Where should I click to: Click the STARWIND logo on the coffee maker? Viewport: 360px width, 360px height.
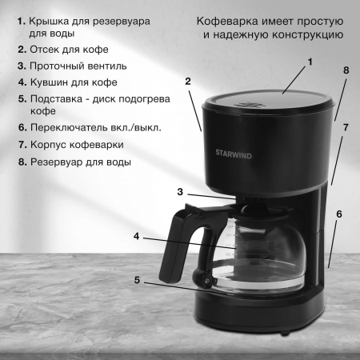point(234,154)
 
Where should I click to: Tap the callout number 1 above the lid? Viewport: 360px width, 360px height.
point(310,62)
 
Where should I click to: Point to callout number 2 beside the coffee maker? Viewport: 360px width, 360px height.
point(188,82)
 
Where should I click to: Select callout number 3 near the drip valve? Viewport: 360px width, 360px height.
point(180,192)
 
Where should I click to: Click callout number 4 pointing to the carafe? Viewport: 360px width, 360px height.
point(137,236)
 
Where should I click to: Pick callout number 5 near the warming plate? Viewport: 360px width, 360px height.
point(137,280)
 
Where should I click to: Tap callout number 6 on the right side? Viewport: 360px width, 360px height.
point(339,214)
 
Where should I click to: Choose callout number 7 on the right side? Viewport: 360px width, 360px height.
point(346,127)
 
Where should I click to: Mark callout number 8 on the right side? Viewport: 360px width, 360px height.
point(346,70)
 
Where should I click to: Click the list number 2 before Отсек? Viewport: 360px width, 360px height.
point(22,50)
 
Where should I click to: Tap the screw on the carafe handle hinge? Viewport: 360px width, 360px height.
point(206,280)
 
